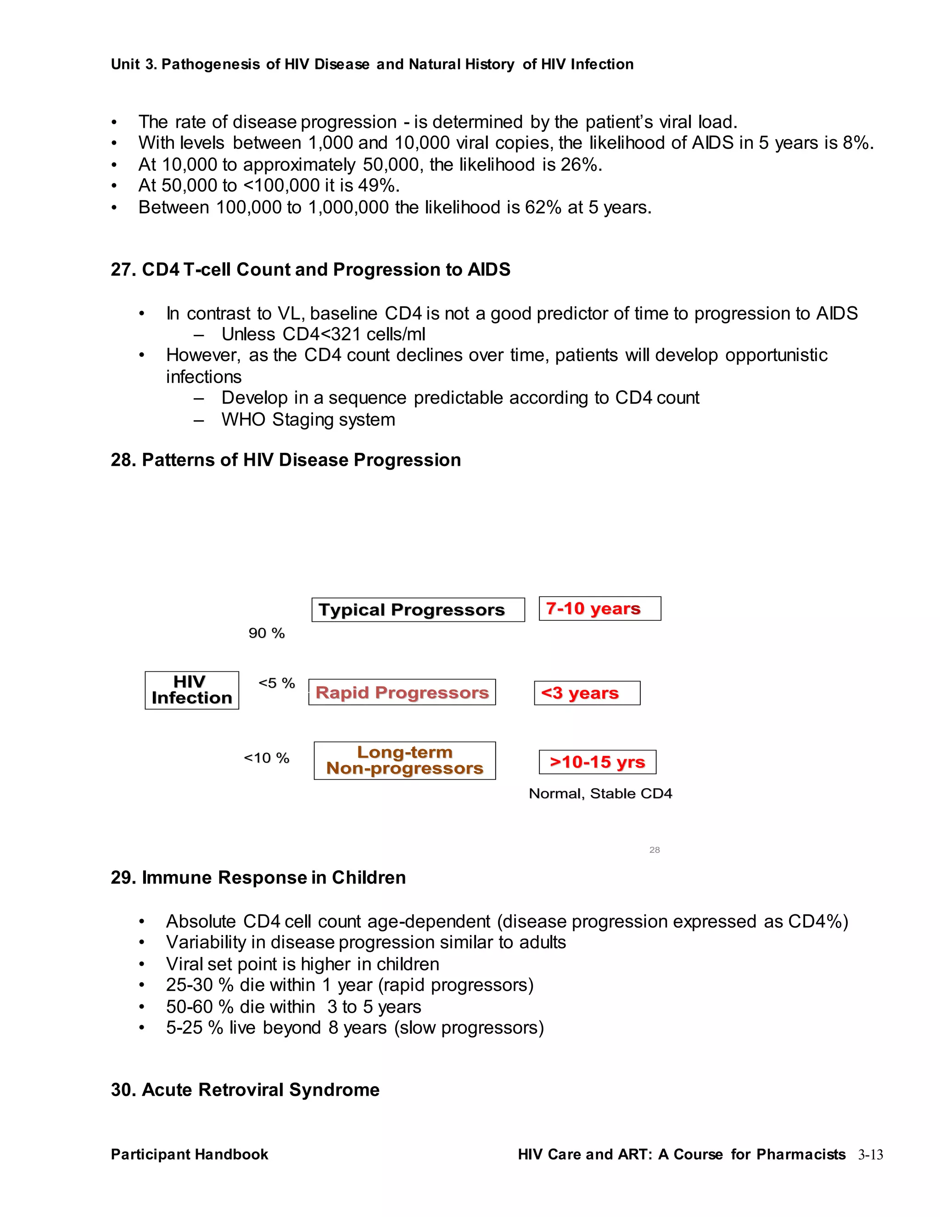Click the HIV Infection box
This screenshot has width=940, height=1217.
click(191, 690)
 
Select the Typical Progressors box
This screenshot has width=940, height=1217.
click(418, 609)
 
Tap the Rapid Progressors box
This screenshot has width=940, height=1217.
click(402, 692)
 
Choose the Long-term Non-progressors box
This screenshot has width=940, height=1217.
click(405, 760)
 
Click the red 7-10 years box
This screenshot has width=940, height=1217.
click(600, 608)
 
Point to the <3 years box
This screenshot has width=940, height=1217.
click(587, 693)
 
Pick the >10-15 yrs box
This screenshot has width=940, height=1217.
click(598, 762)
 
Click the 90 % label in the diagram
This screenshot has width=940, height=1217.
click(267, 633)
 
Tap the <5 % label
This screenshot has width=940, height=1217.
click(277, 683)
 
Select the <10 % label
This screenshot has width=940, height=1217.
click(267, 758)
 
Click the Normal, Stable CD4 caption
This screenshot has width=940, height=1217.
click(600, 794)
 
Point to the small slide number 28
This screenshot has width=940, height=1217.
click(655, 850)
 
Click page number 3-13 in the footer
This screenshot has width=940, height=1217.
click(870, 1155)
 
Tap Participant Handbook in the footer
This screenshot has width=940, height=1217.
click(190, 1154)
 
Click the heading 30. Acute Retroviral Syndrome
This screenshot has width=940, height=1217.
click(245, 1089)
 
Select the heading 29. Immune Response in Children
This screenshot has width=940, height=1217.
click(258, 878)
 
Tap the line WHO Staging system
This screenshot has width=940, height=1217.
click(308, 420)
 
